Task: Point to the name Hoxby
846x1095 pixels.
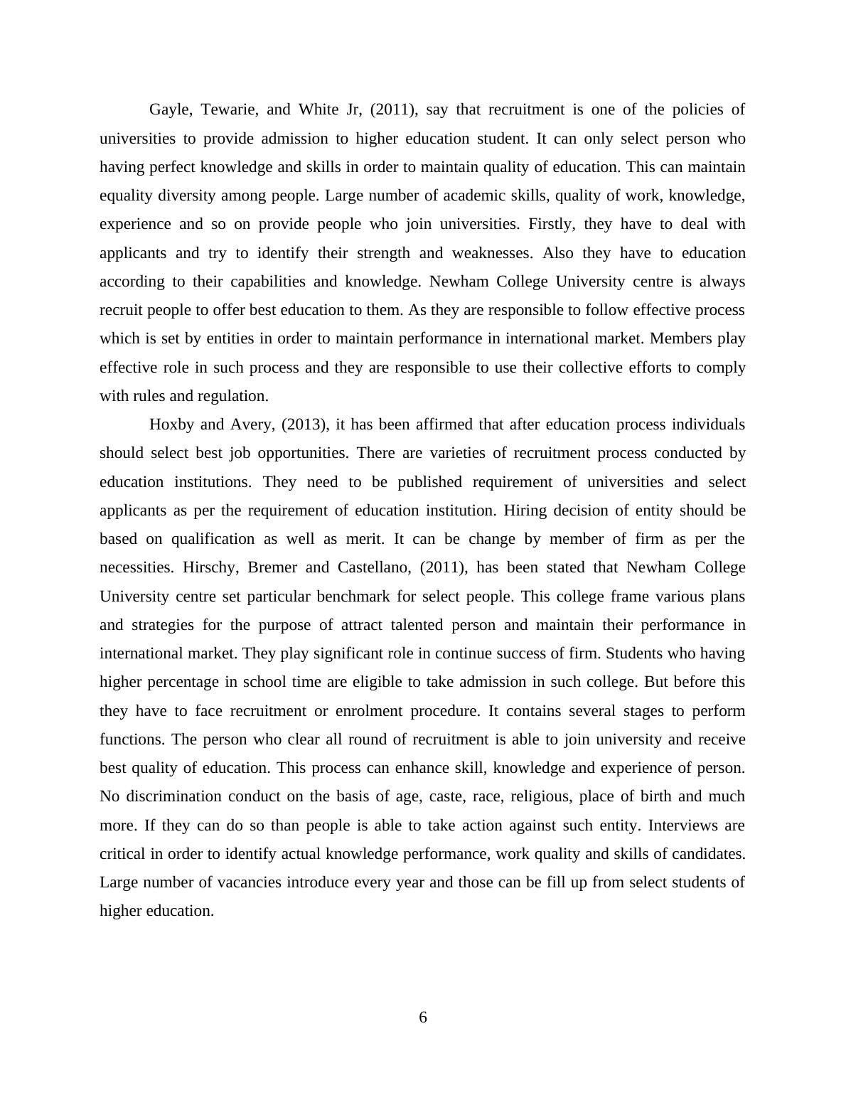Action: tap(172, 424)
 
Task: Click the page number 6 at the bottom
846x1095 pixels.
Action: tap(423, 1017)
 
